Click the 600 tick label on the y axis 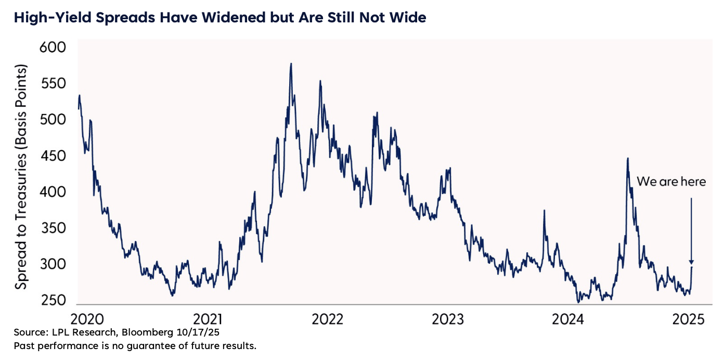(x=53, y=48)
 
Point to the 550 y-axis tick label (x=53, y=84)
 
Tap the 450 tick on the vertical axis (x=53, y=156)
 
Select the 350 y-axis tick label (x=53, y=228)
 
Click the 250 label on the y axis (x=53, y=301)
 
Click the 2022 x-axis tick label (x=328, y=318)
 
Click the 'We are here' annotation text (x=671, y=182)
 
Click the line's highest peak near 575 (x=291, y=64)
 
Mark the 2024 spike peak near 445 (x=628, y=158)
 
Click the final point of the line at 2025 (x=692, y=267)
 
